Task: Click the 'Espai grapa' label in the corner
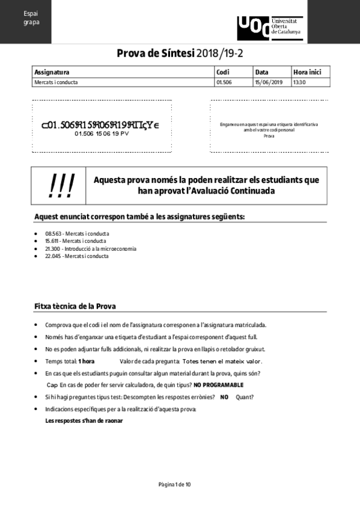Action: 31,18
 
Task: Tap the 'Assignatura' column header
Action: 52,72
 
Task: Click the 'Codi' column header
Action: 222,72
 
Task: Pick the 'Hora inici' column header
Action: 307,72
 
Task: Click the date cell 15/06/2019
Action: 268,82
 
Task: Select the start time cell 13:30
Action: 299,82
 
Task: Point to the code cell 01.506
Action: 224,82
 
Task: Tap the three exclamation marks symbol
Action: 61,186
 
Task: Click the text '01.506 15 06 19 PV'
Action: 102,134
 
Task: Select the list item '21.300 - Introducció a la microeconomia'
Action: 91,248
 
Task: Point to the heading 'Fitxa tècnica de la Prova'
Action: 75,307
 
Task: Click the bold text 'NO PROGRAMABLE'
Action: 218,384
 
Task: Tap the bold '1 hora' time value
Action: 86,361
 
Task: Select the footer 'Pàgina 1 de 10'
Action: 174,484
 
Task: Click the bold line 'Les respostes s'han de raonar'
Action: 84,420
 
